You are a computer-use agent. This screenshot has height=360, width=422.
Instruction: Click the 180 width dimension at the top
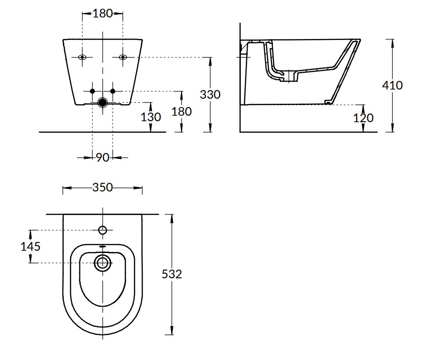tap(102, 13)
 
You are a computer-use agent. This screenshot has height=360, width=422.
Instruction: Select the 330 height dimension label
tap(210, 95)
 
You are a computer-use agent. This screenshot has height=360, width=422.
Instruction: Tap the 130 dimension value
tap(151, 117)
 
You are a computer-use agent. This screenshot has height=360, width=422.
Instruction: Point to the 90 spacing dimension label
tap(102, 157)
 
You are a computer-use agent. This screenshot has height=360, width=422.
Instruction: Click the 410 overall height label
tap(393, 85)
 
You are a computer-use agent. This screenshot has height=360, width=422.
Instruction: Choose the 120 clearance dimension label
tap(363, 118)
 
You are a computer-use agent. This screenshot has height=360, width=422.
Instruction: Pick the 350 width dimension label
tap(102, 188)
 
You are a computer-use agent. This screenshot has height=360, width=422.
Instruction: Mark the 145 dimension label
tap(31, 247)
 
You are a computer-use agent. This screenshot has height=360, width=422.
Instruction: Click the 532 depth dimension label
tap(172, 274)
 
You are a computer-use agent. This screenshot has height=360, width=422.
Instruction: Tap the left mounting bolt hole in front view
tap(83, 57)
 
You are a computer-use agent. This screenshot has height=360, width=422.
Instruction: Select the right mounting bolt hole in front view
tap(122, 57)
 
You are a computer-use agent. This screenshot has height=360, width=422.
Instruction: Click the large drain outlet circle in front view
tap(102, 102)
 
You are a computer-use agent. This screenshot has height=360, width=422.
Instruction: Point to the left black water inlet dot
tap(92, 91)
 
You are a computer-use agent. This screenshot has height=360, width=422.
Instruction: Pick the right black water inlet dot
tap(113, 91)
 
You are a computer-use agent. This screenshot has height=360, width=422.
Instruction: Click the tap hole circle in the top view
tap(102, 230)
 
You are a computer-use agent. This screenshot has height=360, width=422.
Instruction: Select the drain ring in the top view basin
tap(102, 263)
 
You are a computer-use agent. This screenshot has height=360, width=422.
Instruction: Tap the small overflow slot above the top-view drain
tap(102, 247)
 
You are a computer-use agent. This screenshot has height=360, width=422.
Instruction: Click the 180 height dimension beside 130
tap(181, 111)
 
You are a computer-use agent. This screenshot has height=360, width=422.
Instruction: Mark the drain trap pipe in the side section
tap(278, 73)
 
